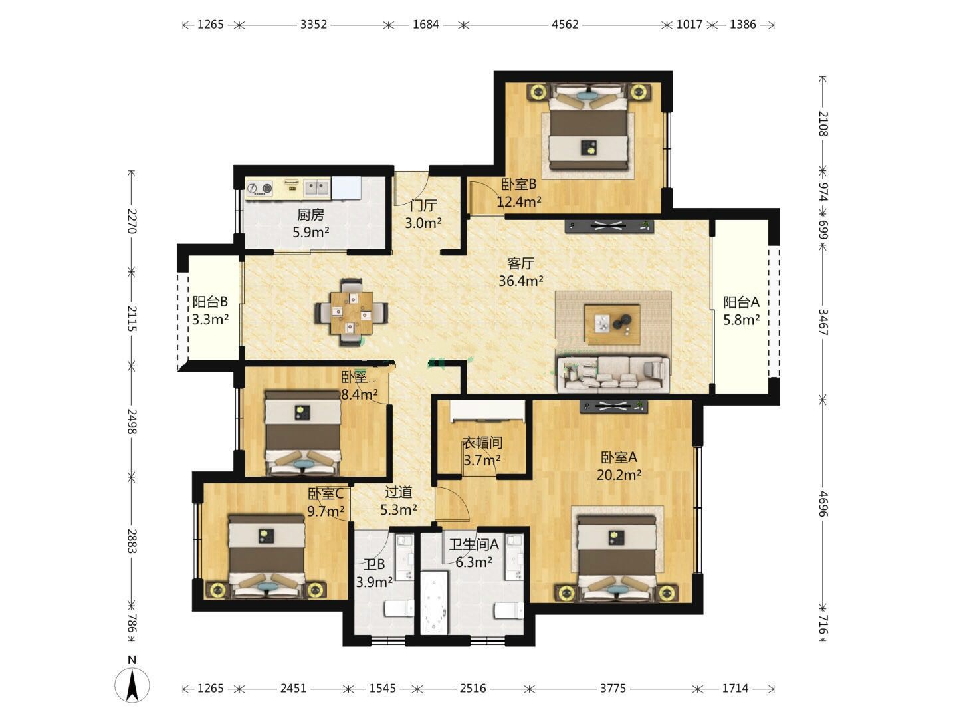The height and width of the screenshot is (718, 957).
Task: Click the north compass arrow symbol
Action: click(x=132, y=684)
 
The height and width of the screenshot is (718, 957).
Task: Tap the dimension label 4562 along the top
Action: click(x=565, y=25)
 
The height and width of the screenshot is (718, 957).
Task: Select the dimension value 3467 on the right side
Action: click(x=822, y=322)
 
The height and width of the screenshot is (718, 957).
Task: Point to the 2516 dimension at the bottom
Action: click(x=473, y=688)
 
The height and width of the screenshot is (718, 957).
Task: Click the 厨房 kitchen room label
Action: click(x=310, y=215)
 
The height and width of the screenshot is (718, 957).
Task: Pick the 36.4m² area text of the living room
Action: click(x=520, y=281)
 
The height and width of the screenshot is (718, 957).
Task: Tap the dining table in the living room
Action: click(x=352, y=312)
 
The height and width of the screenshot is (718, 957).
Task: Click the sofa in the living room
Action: click(x=613, y=373)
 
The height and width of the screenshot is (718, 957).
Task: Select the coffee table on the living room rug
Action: click(x=611, y=324)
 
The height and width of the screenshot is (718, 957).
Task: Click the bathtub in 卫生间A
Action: click(x=434, y=602)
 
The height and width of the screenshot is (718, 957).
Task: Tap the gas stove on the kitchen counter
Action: click(x=260, y=188)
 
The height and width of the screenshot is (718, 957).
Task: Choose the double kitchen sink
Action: click(x=316, y=188)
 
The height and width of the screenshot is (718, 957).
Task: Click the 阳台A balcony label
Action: click(x=741, y=302)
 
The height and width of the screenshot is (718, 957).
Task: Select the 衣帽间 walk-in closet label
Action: click(x=482, y=443)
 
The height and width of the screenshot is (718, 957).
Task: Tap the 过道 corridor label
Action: click(x=398, y=492)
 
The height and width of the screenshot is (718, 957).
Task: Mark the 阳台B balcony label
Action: click(x=210, y=302)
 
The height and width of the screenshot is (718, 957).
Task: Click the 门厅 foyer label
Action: click(x=423, y=205)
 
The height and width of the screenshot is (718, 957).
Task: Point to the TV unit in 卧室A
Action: click(x=613, y=406)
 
